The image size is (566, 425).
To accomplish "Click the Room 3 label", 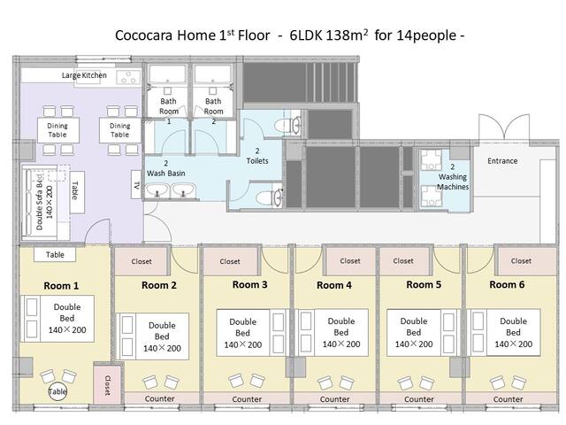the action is point(249,285).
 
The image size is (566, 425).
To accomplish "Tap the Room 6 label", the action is point(507,285).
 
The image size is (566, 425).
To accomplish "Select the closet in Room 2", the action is point(141,261).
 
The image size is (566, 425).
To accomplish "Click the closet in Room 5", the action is point(403,260).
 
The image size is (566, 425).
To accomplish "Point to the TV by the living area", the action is point(136,185).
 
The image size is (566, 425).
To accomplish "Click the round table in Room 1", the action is point(57,391).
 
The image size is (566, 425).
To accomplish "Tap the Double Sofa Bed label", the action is point(44,202).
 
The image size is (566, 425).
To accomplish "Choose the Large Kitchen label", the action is point(84,75).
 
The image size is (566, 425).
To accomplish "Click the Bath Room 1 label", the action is point(169,111).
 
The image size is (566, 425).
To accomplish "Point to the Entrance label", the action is point(502,161).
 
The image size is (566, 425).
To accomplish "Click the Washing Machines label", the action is point(453,177).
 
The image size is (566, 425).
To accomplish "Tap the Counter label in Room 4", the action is point(334,399).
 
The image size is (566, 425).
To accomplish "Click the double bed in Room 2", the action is point(153,336).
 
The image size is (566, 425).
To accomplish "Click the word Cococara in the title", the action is point(143,35).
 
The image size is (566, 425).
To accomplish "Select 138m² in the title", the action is point(348,35).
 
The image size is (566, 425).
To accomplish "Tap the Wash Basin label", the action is point(166,168).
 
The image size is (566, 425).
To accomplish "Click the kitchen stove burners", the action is point(128,77).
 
